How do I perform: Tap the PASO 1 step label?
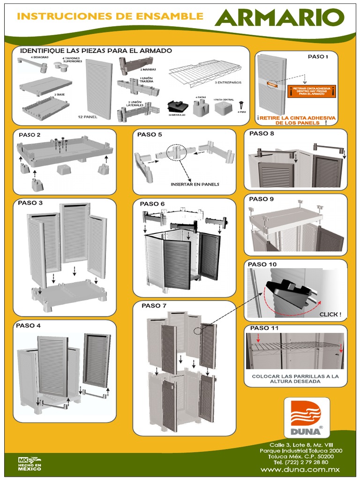[x=318, y=57]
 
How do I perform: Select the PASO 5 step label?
[x=150, y=135]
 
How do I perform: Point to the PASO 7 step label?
[x=154, y=306]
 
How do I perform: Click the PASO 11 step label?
[x=264, y=328]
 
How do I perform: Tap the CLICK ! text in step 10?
[x=330, y=314]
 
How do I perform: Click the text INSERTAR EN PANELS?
[x=195, y=184]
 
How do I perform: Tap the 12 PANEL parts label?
[x=87, y=117]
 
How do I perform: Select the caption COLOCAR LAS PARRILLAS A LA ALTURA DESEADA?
[x=295, y=379]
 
